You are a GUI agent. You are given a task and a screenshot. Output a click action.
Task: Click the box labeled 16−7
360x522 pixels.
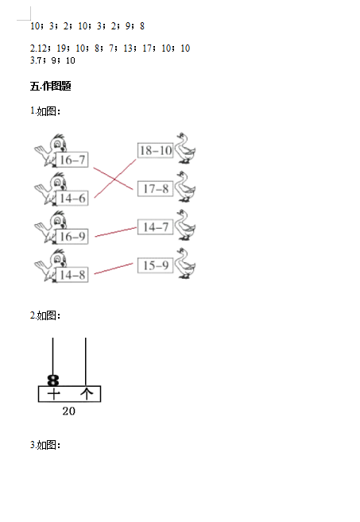(x=72, y=160)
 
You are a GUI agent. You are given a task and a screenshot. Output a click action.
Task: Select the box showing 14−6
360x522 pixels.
(x=72, y=198)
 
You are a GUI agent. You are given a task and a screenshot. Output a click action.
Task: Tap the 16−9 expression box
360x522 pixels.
(x=72, y=236)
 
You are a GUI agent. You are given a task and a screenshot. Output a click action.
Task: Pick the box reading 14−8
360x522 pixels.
(x=72, y=275)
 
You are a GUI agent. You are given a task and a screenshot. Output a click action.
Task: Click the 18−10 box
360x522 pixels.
(x=155, y=150)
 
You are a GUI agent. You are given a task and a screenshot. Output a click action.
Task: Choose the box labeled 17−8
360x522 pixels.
(x=155, y=189)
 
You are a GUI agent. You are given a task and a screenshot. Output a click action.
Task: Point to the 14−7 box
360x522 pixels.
(x=155, y=227)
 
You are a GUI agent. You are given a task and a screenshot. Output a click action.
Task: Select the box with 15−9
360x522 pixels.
(x=155, y=265)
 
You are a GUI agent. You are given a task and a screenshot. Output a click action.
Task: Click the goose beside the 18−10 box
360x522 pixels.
(x=185, y=148)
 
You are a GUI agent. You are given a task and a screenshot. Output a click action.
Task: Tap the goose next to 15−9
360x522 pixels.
(x=185, y=263)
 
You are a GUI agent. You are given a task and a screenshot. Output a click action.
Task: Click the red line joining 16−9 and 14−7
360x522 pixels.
(x=116, y=232)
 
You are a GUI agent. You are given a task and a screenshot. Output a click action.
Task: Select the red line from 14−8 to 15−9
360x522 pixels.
(x=114, y=269)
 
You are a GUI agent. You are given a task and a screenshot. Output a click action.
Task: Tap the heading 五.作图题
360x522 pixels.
(x=51, y=87)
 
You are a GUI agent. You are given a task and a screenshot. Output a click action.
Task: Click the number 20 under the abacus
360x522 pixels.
(x=69, y=411)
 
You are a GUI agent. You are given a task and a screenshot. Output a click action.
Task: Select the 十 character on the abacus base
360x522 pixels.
(x=53, y=394)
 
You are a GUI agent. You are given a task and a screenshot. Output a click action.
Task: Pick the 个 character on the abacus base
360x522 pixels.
(x=87, y=394)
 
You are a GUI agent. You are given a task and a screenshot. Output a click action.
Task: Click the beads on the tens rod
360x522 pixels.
(x=53, y=381)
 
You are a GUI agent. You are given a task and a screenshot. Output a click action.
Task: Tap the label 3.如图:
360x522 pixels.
(x=45, y=445)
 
